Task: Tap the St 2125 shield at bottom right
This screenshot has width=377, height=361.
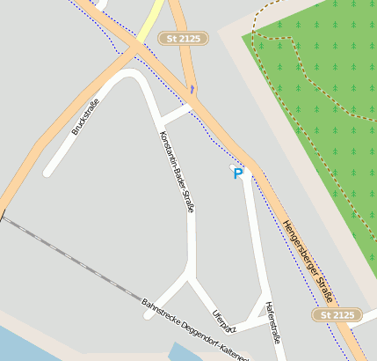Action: click(x=337, y=314)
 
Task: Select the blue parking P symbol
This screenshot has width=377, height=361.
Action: click(x=237, y=174)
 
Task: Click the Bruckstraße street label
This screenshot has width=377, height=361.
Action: click(x=85, y=117)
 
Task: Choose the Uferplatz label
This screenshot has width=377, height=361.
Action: click(x=224, y=320)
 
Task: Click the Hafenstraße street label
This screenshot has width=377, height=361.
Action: click(x=272, y=321)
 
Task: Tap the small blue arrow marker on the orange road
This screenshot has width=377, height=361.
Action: click(x=192, y=89)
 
